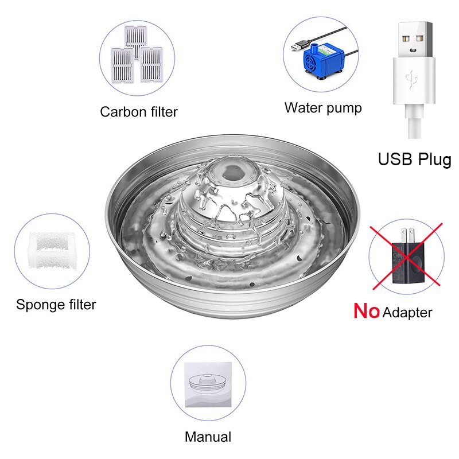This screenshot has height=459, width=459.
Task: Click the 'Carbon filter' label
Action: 139,112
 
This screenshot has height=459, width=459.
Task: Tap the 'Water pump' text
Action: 323,108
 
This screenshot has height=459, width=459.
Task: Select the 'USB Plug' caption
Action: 414,160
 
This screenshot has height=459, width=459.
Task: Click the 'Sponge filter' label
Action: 56,305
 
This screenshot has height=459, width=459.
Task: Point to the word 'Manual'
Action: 208,437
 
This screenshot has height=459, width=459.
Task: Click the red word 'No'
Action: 367,310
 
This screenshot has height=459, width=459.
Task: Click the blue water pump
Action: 321,60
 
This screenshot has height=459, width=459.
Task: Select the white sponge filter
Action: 52,250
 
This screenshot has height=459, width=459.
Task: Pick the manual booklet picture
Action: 208,384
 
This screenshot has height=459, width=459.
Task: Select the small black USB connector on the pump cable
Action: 299,46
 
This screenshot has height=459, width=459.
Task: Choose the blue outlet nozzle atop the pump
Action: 314,46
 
